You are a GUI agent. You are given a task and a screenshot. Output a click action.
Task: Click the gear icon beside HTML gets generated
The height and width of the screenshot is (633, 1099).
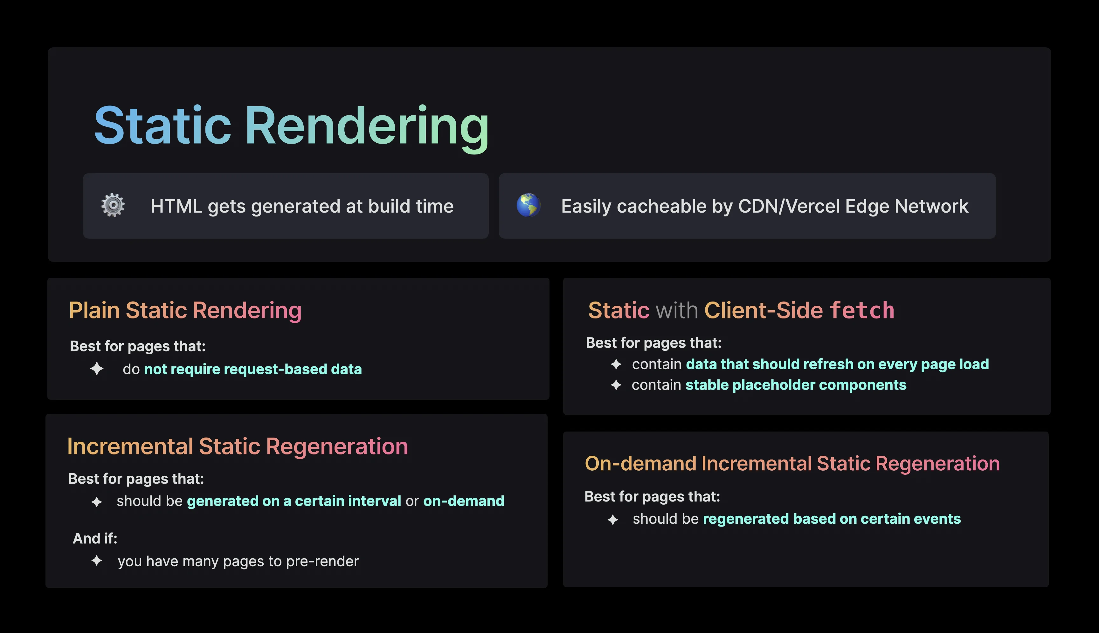pyautogui.click(x=113, y=205)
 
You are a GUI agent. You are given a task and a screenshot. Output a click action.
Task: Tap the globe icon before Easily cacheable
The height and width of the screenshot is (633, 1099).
pyautogui.click(x=528, y=205)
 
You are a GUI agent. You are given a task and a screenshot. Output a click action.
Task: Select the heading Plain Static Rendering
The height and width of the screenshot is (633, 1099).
pyautogui.click(x=185, y=311)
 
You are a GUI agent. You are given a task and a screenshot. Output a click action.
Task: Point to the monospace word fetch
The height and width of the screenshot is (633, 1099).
pyautogui.click(x=862, y=310)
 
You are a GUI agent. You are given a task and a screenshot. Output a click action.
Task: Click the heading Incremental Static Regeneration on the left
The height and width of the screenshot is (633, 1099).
pyautogui.click(x=238, y=446)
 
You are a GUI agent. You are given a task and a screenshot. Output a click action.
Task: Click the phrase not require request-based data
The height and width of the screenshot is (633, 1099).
pyautogui.click(x=253, y=369)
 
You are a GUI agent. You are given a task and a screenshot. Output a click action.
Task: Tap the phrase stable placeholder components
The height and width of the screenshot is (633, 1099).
pyautogui.click(x=796, y=385)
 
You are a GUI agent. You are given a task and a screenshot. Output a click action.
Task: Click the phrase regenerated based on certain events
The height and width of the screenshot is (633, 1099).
pyautogui.click(x=832, y=519)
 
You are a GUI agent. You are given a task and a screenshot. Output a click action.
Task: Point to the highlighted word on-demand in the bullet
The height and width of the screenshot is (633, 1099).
pyautogui.click(x=463, y=501)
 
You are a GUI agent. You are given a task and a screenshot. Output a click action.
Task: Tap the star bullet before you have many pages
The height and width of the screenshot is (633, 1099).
pyautogui.click(x=97, y=561)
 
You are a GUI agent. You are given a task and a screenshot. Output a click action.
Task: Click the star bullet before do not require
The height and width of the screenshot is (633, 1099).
pyautogui.click(x=97, y=369)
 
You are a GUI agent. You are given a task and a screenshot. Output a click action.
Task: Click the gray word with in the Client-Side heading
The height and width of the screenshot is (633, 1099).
pyautogui.click(x=677, y=310)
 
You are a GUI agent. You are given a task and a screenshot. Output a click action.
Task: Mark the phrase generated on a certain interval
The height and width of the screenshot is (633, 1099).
pyautogui.click(x=294, y=501)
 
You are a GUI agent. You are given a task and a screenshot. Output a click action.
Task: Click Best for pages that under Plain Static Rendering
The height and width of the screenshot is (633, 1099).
pyautogui.click(x=137, y=346)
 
